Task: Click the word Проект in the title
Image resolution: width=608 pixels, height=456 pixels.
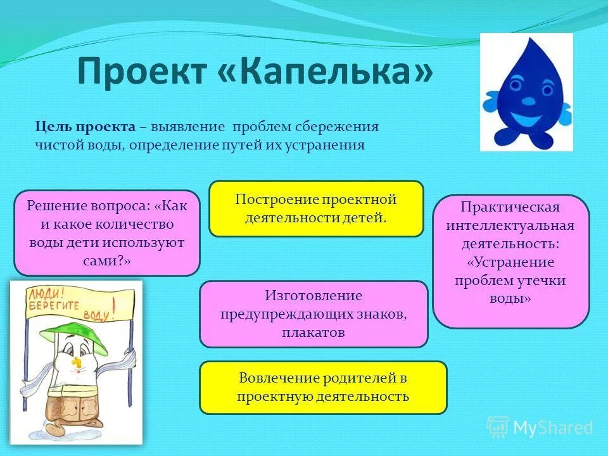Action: pyautogui.click(x=141, y=72)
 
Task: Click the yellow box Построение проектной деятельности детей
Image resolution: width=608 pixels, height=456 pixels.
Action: pyautogui.click(x=316, y=209)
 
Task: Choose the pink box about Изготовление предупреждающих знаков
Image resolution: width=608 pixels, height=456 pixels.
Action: pyautogui.click(x=313, y=314)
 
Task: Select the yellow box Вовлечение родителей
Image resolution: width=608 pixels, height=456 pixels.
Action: pyautogui.click(x=323, y=388)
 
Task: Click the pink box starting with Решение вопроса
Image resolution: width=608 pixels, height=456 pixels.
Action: pyautogui.click(x=106, y=233)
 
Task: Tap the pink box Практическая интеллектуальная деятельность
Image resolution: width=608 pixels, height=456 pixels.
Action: pyautogui.click(x=510, y=261)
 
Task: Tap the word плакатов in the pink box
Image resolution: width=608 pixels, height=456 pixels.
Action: pyautogui.click(x=313, y=332)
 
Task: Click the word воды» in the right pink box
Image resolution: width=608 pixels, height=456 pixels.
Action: pyautogui.click(x=510, y=298)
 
